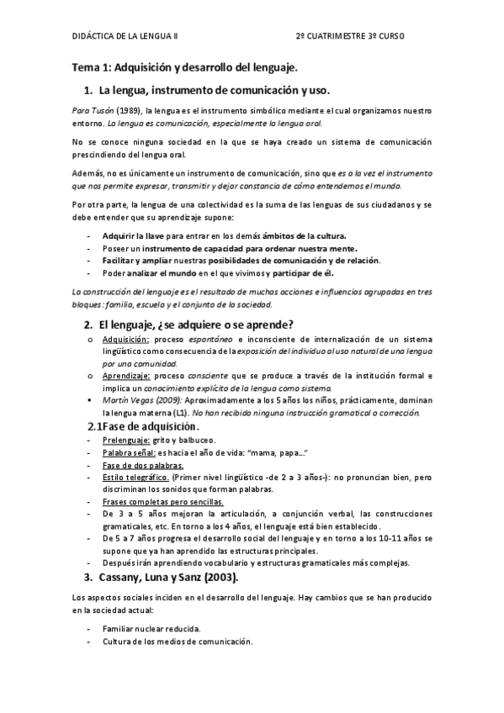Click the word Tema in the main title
point(84,66)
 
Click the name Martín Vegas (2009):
point(140,401)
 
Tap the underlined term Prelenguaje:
point(126,440)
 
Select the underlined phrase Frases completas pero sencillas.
point(162,502)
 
